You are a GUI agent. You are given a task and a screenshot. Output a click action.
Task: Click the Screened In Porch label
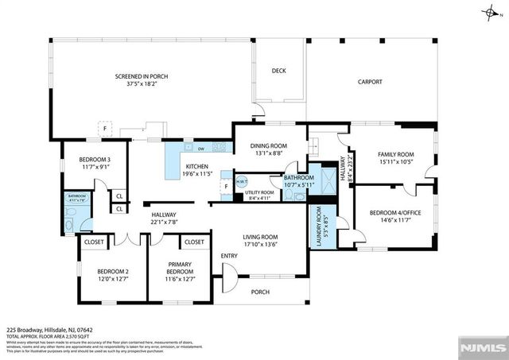tap(142, 76)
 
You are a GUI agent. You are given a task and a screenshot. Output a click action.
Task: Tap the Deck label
tap(278, 71)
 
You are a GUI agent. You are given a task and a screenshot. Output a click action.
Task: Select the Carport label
tap(370, 82)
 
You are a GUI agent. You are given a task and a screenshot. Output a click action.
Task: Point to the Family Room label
tap(395, 154)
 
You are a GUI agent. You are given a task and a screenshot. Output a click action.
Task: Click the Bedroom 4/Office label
tap(395, 212)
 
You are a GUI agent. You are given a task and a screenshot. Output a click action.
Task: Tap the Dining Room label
tap(266, 145)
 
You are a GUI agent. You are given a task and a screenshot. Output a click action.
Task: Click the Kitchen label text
tap(197, 166)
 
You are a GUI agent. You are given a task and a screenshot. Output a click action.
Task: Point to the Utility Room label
tap(259, 192)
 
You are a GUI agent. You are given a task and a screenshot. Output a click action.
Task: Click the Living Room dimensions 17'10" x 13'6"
tap(260, 245)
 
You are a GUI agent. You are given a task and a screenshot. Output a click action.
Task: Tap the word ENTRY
tap(229, 255)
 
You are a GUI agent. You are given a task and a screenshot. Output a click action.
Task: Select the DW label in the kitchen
tap(202, 149)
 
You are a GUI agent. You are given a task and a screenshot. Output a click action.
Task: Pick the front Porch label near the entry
tap(261, 292)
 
